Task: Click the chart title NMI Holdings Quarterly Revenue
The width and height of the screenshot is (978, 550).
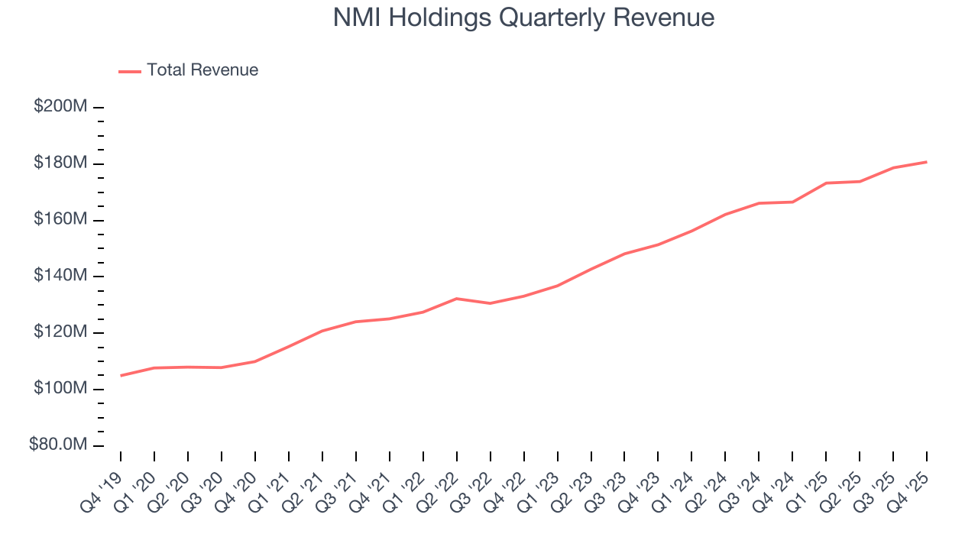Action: pos(523,18)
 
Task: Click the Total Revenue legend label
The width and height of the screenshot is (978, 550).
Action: pos(202,70)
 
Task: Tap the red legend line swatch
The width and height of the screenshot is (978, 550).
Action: pos(130,71)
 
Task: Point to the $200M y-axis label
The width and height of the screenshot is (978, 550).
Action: pos(60,107)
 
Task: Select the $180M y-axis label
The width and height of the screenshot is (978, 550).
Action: pos(60,163)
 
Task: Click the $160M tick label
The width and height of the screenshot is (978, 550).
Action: pos(60,220)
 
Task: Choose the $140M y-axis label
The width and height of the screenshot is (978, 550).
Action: pos(60,276)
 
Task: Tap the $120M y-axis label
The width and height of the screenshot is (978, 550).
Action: pos(60,332)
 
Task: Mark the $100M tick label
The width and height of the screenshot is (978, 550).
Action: pos(60,389)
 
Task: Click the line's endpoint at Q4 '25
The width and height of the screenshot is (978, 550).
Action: pos(927,162)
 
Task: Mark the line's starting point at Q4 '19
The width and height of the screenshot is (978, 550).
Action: pos(121,375)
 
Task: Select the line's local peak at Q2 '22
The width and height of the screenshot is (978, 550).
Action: pos(456,299)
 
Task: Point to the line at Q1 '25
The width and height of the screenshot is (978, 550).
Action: pos(826,183)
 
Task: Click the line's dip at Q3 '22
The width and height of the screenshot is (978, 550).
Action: pos(490,303)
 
